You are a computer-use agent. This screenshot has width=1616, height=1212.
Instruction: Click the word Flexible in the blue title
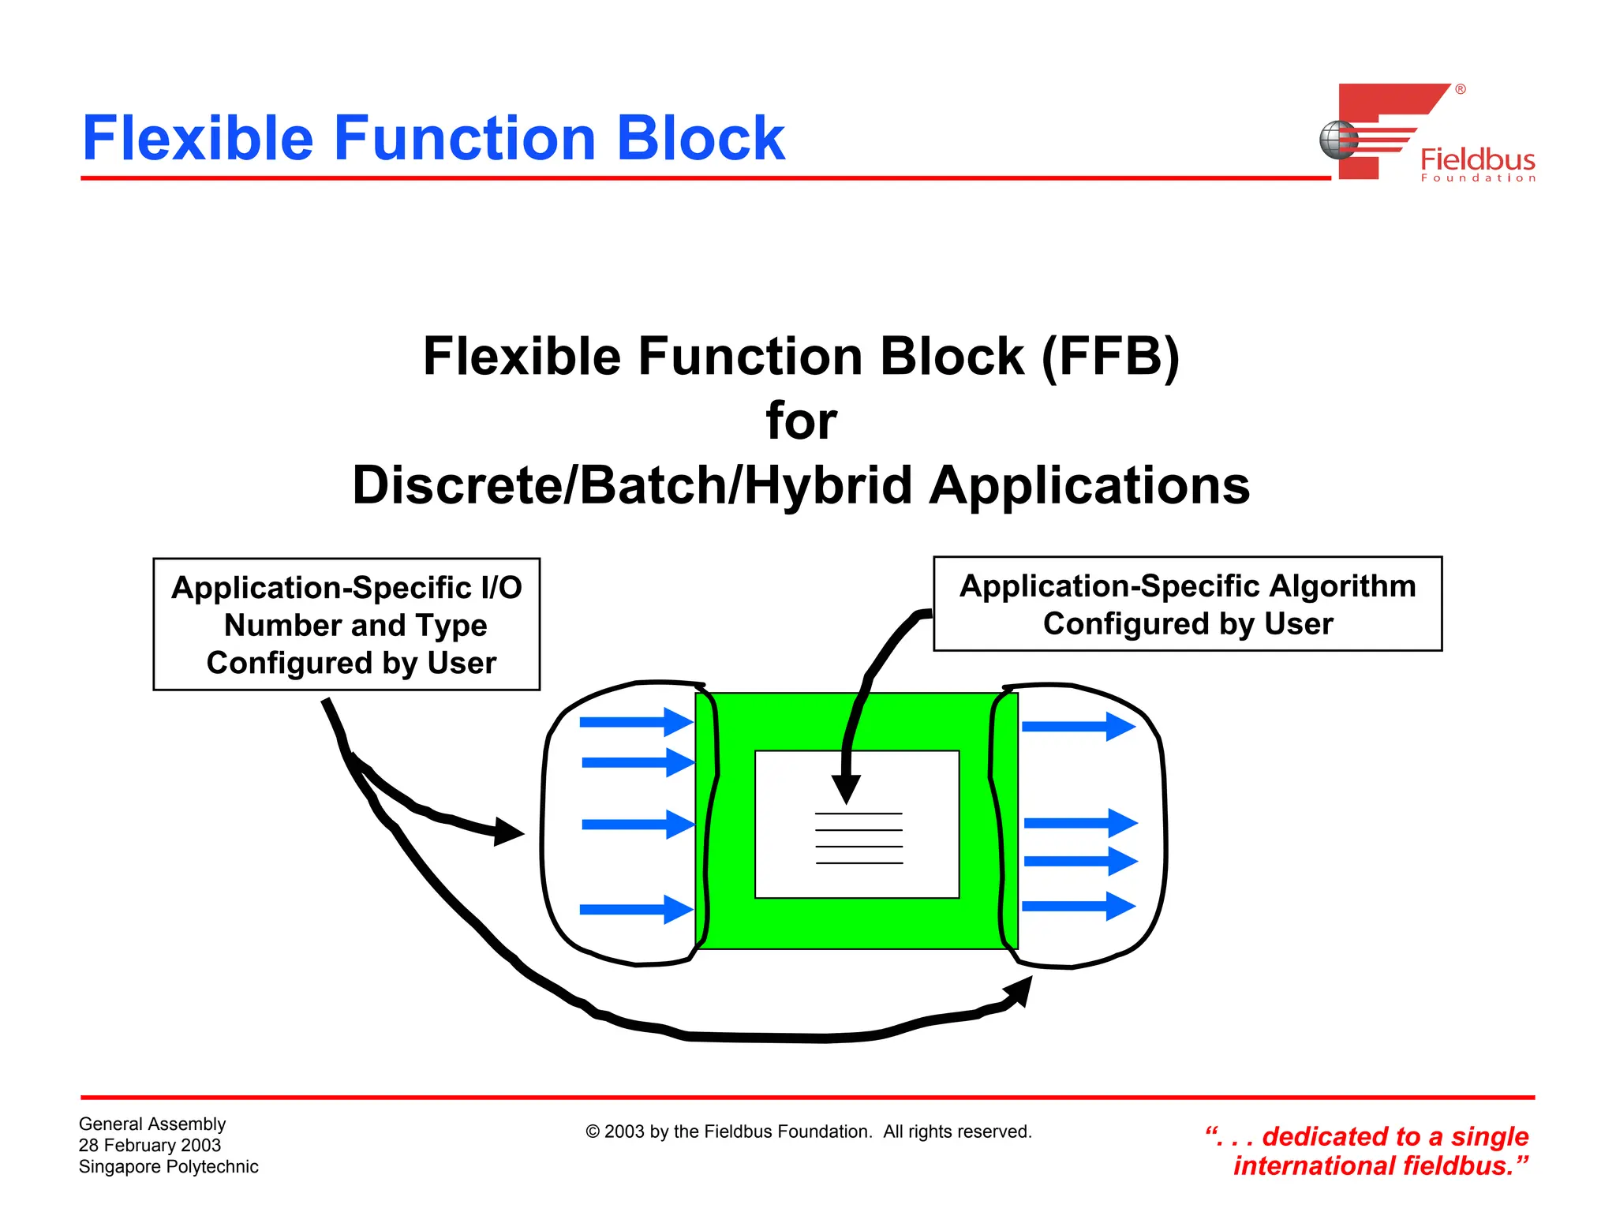pos(197,139)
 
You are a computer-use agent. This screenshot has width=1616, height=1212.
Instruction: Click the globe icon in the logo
pos(1338,140)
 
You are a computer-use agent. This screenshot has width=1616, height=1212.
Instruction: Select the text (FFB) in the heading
pos(1110,357)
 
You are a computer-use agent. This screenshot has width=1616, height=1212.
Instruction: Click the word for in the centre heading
pos(801,421)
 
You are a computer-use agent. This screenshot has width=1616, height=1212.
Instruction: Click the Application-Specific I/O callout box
pos(346,624)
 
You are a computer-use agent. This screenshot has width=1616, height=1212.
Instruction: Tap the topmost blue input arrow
pos(636,721)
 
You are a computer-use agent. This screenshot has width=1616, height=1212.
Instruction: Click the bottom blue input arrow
pos(636,909)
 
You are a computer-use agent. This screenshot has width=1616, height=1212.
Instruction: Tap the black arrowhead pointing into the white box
pos(846,788)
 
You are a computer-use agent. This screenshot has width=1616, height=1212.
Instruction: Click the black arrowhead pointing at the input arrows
pos(508,832)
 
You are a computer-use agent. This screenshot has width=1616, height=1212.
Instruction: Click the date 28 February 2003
pos(150,1145)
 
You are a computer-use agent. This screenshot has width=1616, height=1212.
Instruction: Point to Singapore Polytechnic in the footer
pos(168,1166)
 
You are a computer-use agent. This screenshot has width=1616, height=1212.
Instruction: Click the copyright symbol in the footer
pos(593,1132)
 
